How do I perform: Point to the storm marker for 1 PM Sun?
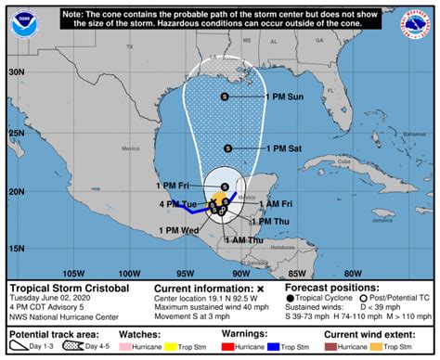(x=225, y=96)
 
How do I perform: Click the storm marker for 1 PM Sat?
(x=226, y=148)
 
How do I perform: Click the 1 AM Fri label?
(x=274, y=202)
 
